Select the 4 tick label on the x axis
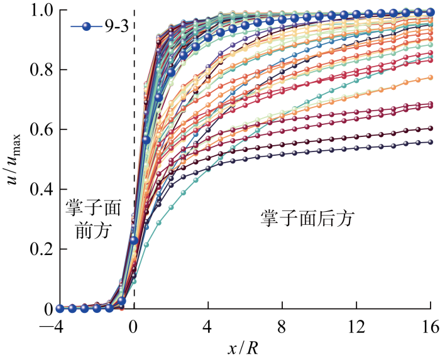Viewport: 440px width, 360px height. click(x=208, y=325)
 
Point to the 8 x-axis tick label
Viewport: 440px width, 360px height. click(x=282, y=325)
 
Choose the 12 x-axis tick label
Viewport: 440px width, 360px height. click(x=356, y=325)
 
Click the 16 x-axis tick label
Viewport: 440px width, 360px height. click(x=430, y=325)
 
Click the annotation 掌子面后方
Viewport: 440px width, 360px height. click(x=308, y=219)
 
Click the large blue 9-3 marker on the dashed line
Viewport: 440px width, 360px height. click(x=134, y=241)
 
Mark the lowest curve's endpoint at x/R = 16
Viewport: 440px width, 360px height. click(x=431, y=142)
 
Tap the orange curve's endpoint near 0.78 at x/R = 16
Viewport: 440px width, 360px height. click(x=431, y=77)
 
